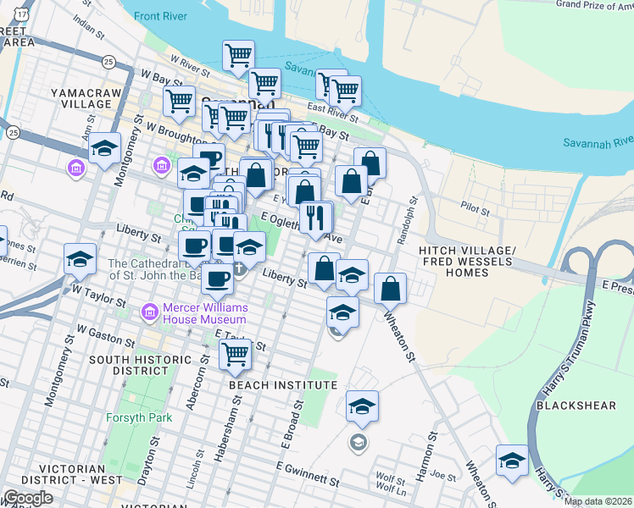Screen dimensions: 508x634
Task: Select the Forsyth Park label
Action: click(x=139, y=417)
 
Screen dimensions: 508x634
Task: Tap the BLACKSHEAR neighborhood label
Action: click(x=576, y=406)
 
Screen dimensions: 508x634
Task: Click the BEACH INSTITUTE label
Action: click(x=283, y=385)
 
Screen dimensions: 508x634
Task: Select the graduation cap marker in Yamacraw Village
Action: click(x=103, y=149)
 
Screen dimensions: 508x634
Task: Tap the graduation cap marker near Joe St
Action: click(x=512, y=460)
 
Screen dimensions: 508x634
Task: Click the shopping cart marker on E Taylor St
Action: click(x=235, y=352)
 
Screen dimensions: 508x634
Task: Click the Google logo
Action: click(x=28, y=498)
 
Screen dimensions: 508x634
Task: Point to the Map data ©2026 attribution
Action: click(x=598, y=501)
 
